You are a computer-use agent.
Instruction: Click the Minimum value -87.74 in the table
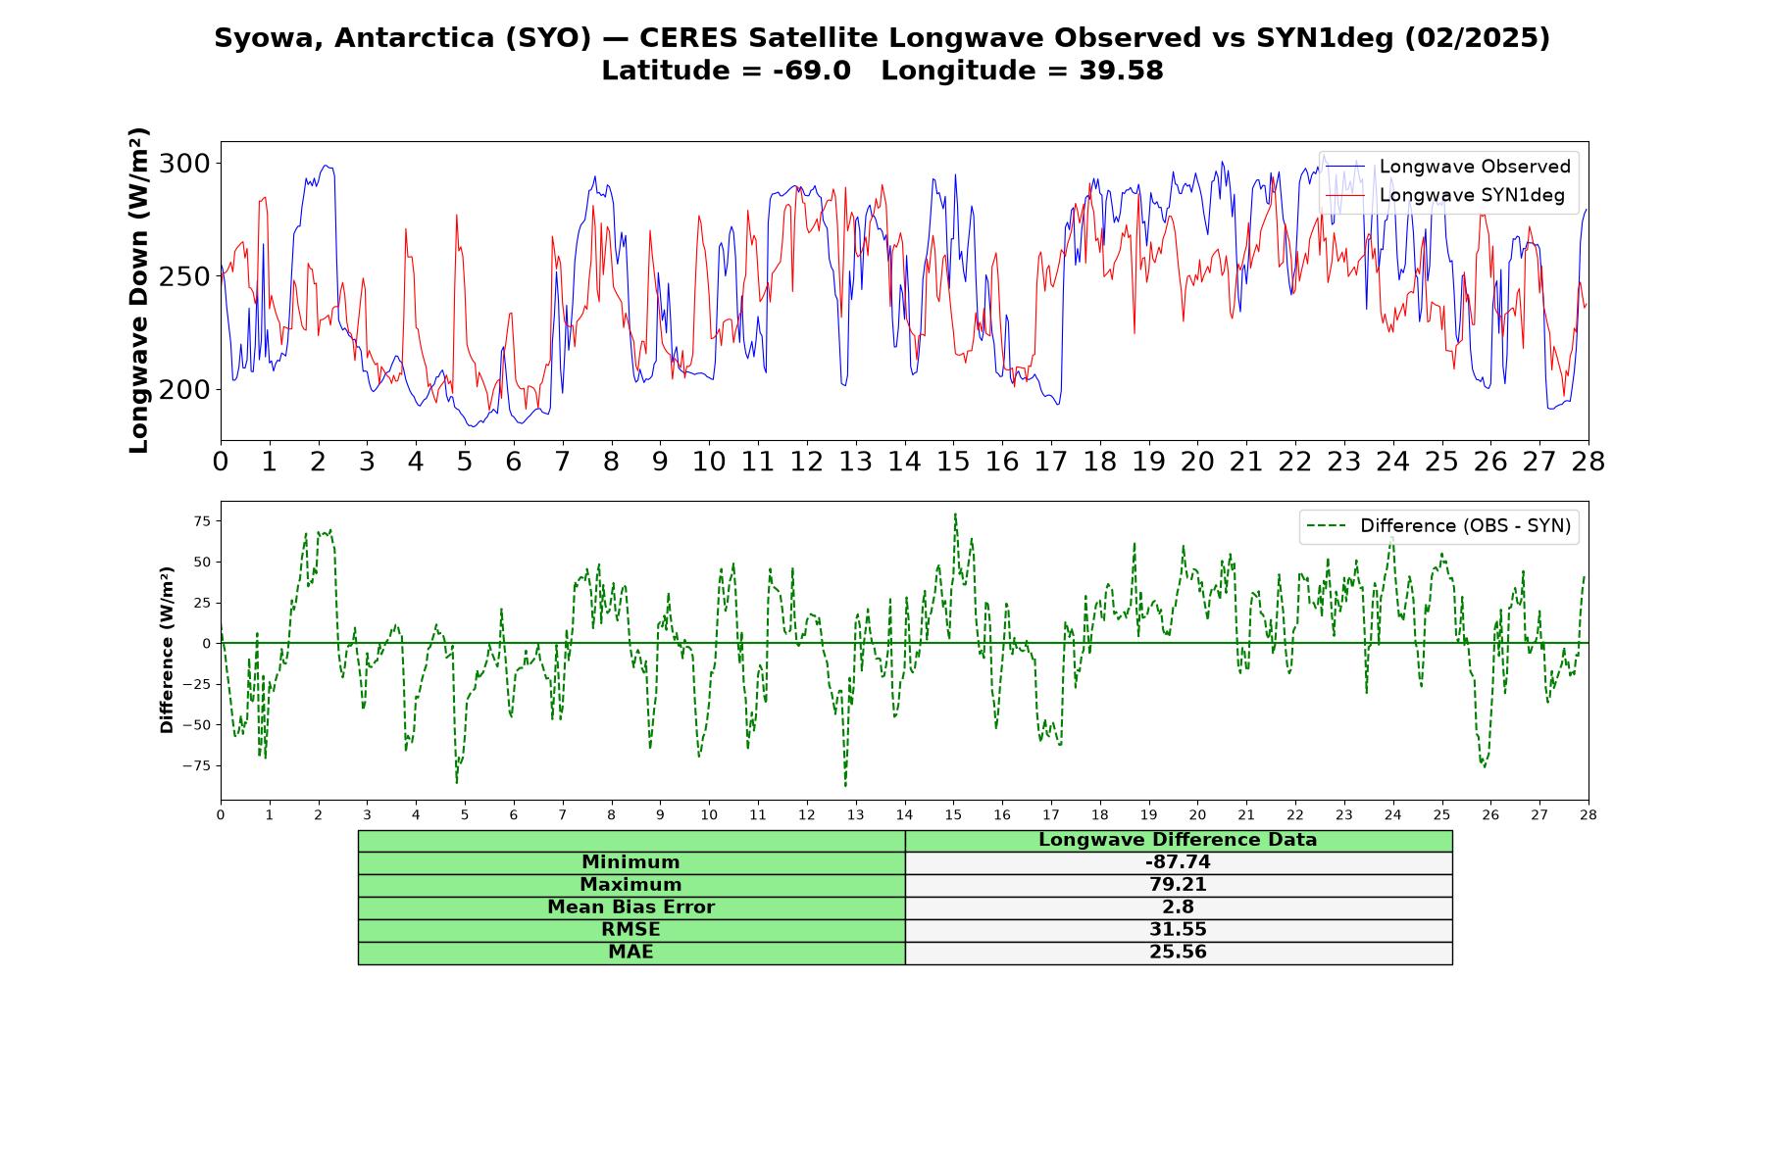point(1178,862)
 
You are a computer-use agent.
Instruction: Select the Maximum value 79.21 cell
point(1178,885)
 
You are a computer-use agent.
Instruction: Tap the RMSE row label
point(630,930)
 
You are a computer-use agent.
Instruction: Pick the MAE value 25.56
point(1178,953)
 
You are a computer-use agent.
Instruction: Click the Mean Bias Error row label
point(630,907)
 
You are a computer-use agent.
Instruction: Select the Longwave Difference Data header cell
point(1178,840)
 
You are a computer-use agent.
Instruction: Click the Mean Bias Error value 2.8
point(1178,907)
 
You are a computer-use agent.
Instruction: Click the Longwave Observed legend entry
point(1447,167)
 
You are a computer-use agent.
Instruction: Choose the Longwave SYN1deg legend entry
point(1444,195)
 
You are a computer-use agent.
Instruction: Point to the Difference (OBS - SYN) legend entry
point(1438,526)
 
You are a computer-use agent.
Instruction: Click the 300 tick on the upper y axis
point(184,164)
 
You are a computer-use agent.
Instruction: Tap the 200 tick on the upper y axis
point(184,390)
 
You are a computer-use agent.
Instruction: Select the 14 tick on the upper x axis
point(904,462)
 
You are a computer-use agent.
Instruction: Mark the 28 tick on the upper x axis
point(1588,462)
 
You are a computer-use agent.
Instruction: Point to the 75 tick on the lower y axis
point(202,521)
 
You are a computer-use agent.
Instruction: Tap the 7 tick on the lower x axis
point(563,814)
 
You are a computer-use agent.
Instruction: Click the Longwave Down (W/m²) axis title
point(139,290)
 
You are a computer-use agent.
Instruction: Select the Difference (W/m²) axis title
point(167,650)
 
